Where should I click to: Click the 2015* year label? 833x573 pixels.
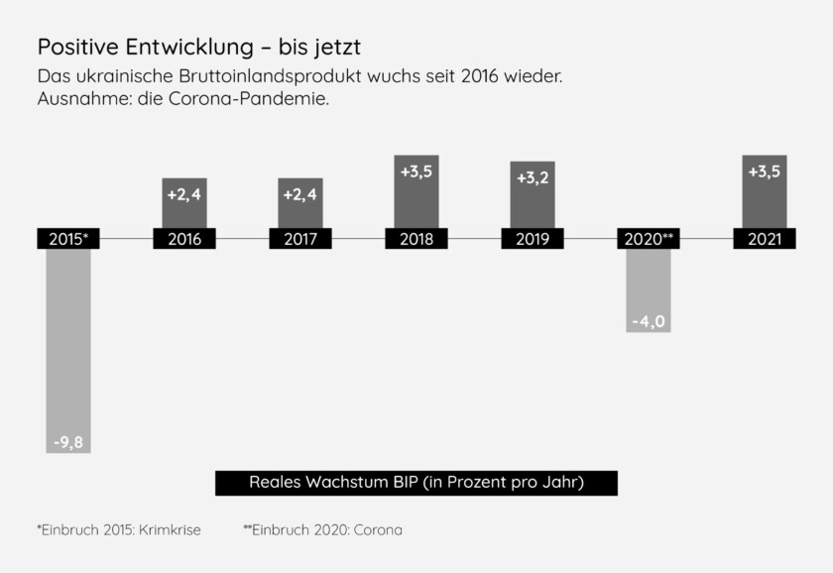point(68,239)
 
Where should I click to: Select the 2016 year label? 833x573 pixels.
point(184,239)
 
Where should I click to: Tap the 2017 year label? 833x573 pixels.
point(300,239)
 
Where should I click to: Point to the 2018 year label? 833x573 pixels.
point(416,239)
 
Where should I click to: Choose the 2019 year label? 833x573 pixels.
point(533,239)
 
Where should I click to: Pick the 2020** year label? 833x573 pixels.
point(649,239)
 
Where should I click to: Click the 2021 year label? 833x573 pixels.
point(765,239)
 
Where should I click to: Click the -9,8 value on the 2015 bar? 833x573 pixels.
point(68,442)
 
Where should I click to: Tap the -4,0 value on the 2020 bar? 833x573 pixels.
point(649,321)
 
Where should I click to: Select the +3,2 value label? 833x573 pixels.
point(533,178)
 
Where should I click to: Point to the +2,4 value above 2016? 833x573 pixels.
point(184,194)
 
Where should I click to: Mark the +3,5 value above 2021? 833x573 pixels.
point(765,172)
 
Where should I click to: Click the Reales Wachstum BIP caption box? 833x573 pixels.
point(416,483)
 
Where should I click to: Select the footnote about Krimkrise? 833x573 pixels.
point(119,530)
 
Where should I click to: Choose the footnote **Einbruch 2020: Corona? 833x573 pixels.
point(322,530)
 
